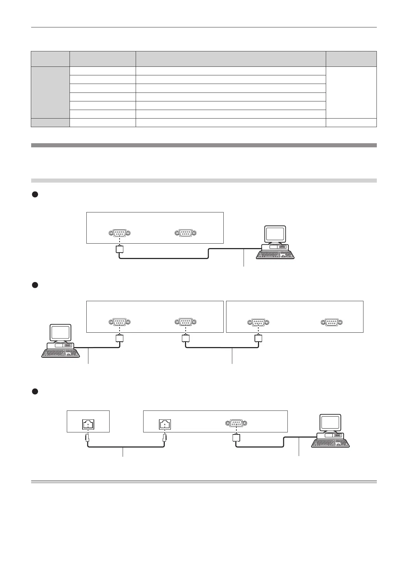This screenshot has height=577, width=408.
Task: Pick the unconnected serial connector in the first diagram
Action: (x=185, y=233)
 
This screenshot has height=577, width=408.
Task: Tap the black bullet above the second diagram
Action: (x=34, y=285)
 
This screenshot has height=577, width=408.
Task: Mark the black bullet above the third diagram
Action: (x=34, y=391)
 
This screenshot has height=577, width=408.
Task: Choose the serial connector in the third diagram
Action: (x=236, y=424)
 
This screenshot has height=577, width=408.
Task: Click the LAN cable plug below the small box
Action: (x=88, y=438)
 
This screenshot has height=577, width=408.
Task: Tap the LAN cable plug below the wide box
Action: (x=165, y=438)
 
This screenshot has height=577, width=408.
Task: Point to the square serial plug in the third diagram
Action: (x=236, y=438)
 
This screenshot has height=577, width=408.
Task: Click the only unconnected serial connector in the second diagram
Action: (x=332, y=322)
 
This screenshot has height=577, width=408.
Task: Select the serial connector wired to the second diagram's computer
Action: (x=120, y=322)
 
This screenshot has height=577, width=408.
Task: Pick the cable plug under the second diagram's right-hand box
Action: (x=258, y=339)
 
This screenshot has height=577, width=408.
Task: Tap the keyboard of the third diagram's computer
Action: (x=331, y=443)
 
